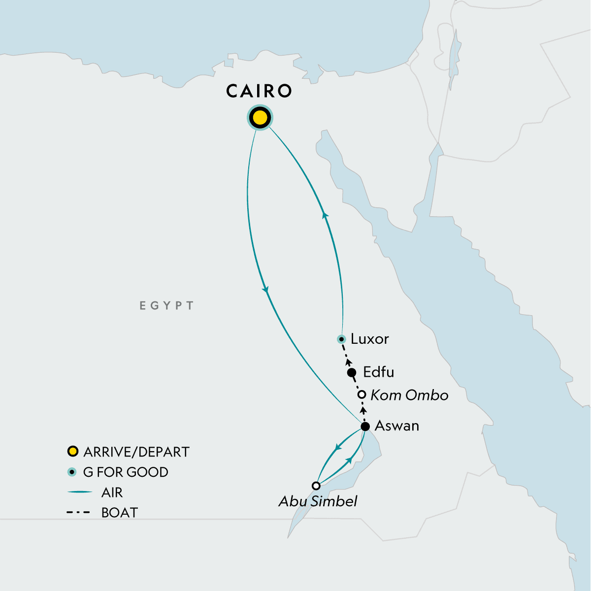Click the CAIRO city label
click(259, 92)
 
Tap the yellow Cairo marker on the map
click(260, 118)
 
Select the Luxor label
click(370, 339)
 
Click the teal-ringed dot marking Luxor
click(341, 339)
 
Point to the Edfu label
click(378, 372)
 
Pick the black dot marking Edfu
click(352, 372)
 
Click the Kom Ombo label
click(409, 395)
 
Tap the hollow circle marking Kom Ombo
click(361, 394)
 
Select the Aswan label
click(397, 426)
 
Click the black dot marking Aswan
click(365, 427)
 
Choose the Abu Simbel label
click(318, 501)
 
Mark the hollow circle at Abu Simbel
click(316, 486)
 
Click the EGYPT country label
click(166, 306)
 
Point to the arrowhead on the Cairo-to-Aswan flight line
click(266, 290)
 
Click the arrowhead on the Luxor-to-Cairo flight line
click(325, 215)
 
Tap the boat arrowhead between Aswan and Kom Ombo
click(363, 410)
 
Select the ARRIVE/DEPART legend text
click(136, 452)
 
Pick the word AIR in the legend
click(112, 492)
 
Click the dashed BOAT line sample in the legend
click(78, 513)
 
